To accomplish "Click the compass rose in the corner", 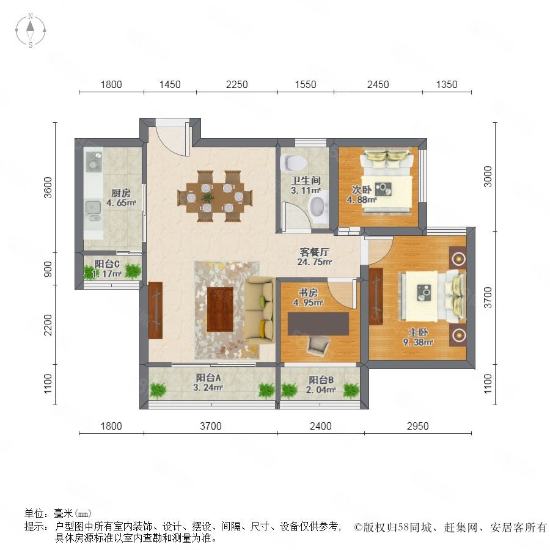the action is point(31,31).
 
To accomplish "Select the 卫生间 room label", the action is point(306,181).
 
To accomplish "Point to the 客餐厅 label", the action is point(314,252).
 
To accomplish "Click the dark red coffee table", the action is point(220,309).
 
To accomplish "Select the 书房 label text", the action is point(308,292).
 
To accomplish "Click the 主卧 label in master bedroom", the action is point(418,332).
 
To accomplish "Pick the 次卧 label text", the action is point(362,190).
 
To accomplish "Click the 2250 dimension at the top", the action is point(237,84).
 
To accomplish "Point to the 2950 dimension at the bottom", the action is point(418,426).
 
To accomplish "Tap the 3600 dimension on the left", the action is point(48,188).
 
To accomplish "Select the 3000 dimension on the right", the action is point(488,177).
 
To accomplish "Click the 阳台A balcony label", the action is point(208,378).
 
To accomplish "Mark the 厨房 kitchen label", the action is point(121,193).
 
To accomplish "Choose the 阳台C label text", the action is point(107,264).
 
